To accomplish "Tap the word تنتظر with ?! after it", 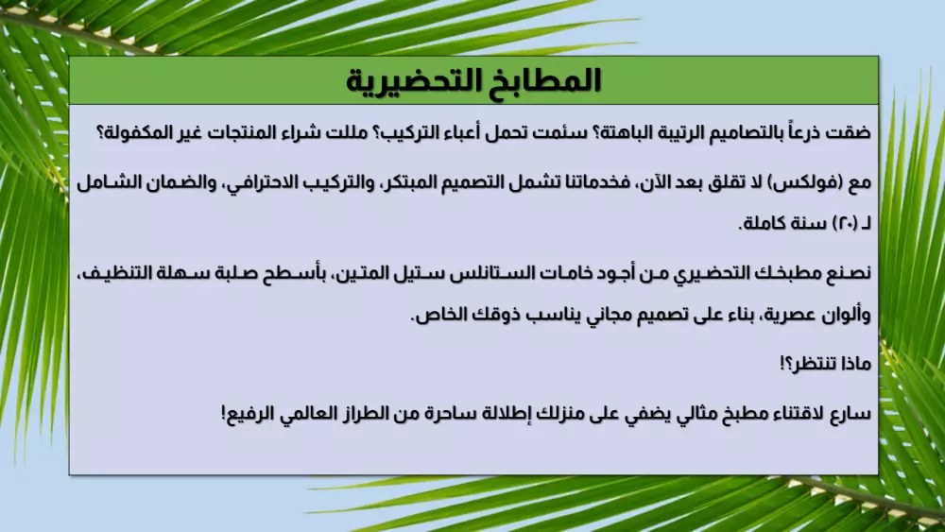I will pos(805,363).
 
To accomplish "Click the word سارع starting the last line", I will pos(851,413).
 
